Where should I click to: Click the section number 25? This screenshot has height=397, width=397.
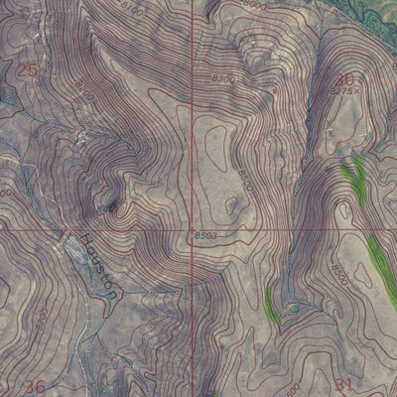[27, 69]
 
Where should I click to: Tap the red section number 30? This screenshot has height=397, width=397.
[344, 79]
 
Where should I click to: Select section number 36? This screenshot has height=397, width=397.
[35, 385]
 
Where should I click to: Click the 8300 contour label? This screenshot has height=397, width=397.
[224, 77]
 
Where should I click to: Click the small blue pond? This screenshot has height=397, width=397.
[293, 309]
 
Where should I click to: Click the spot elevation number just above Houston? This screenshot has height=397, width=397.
[107, 208]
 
